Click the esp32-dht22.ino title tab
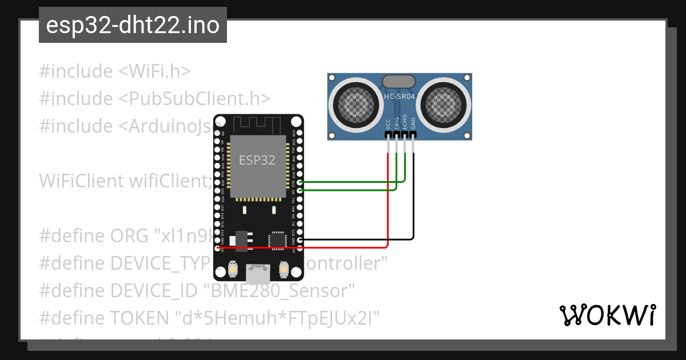pyautogui.click(x=133, y=26)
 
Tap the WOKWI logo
pyautogui.click(x=607, y=315)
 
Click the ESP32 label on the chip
pyautogui.click(x=257, y=160)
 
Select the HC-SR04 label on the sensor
pyautogui.click(x=400, y=98)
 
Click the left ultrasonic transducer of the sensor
pyautogui.click(x=358, y=103)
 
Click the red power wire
pyautogui.click(x=343, y=247)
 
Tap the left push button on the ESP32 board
pyautogui.click(x=233, y=269)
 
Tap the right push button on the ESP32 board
pyautogui.click(x=283, y=269)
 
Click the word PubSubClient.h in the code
pyautogui.click(x=194, y=98)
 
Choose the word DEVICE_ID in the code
pyautogui.click(x=155, y=291)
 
